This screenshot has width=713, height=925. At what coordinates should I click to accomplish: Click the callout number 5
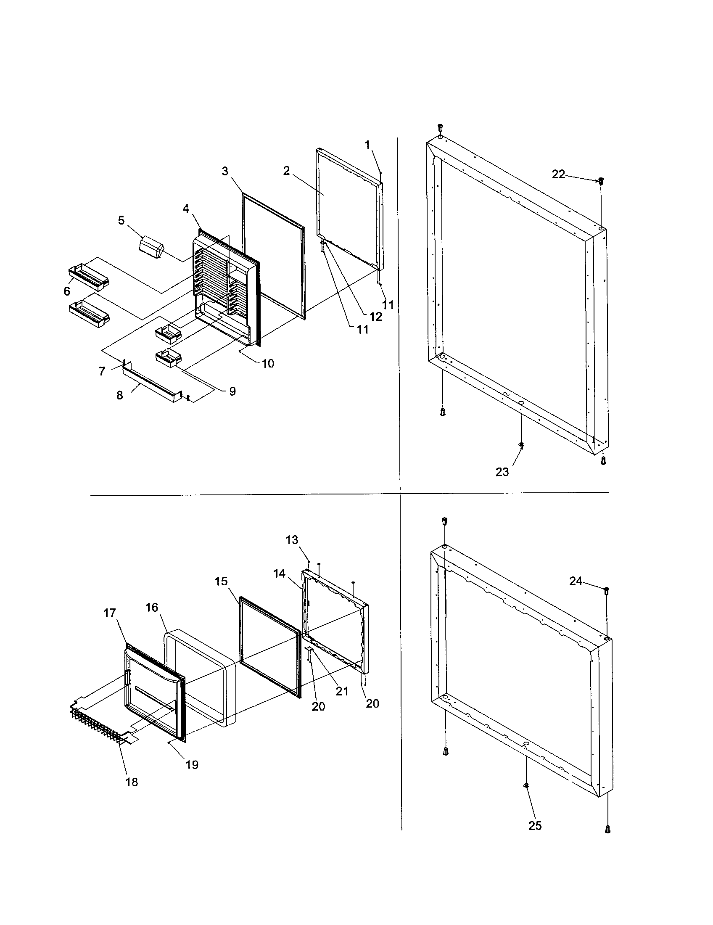[x=121, y=220]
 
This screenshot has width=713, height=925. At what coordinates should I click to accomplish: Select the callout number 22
[x=558, y=174]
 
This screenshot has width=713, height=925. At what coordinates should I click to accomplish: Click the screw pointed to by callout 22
[x=600, y=181]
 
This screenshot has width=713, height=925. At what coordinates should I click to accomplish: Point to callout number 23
[x=502, y=472]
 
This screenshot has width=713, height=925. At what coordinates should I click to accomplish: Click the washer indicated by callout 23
[x=521, y=444]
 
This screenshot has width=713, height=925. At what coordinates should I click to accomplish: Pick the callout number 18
[x=132, y=782]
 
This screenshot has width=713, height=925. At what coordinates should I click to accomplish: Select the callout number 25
[x=535, y=826]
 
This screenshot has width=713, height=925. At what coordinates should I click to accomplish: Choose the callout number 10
[x=268, y=363]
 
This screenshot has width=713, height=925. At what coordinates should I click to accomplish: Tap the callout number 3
[x=225, y=171]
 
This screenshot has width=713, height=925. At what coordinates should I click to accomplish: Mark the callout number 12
[x=375, y=317]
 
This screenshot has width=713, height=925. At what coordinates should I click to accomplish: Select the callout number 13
[x=292, y=540]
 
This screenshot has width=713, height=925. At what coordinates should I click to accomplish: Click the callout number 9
[x=232, y=391]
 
